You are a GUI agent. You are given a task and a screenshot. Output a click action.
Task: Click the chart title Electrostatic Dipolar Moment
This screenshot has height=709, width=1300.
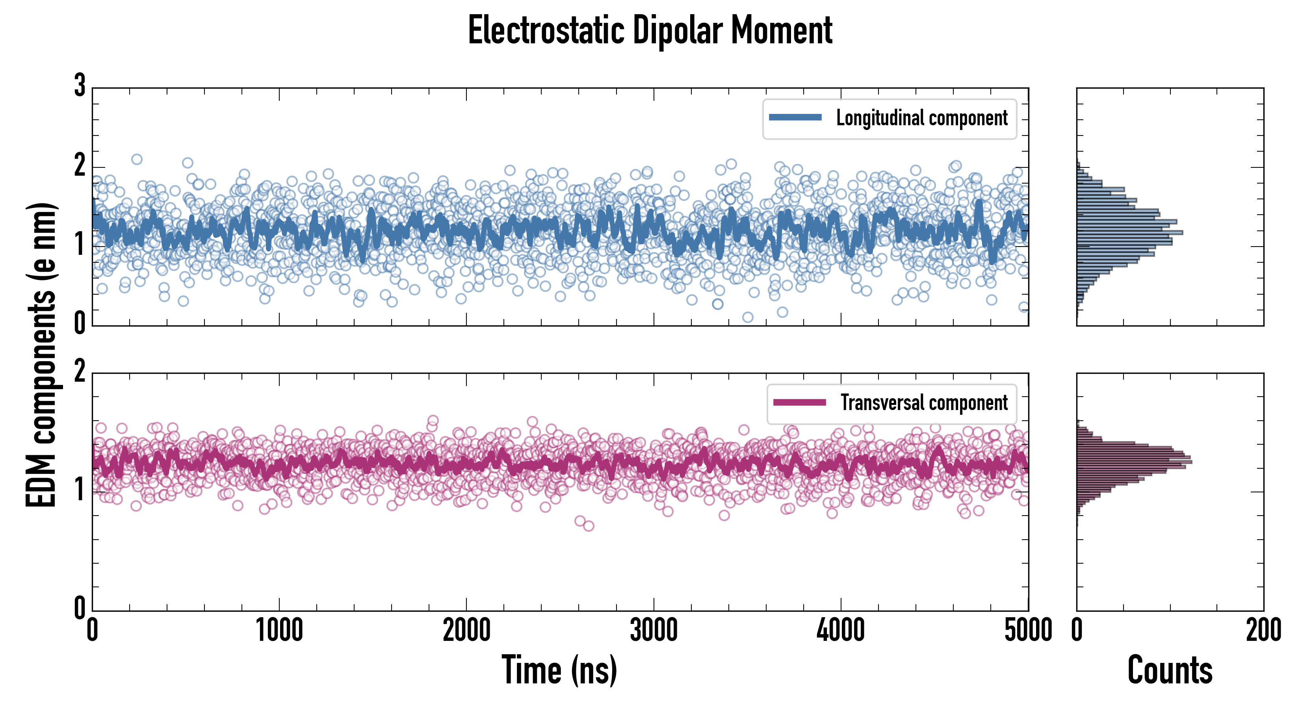tap(650, 30)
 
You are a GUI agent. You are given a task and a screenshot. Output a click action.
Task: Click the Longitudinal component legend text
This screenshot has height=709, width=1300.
tap(921, 118)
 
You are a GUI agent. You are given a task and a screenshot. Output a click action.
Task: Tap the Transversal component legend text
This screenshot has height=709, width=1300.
tap(923, 403)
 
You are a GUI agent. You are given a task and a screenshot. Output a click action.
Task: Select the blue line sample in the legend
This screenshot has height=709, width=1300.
tap(795, 118)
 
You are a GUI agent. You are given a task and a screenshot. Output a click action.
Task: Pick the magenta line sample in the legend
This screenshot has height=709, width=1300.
tap(799, 402)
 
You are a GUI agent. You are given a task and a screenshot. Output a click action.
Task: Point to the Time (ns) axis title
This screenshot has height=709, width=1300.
tap(559, 670)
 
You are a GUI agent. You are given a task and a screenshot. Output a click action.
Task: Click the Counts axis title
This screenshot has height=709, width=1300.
tap(1170, 670)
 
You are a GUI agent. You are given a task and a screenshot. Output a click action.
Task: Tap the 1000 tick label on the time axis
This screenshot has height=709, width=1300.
tap(279, 630)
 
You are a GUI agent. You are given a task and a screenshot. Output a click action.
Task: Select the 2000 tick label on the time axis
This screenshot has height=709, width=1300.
tap(466, 630)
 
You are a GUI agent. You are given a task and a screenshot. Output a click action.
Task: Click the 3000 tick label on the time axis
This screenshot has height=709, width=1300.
tap(654, 630)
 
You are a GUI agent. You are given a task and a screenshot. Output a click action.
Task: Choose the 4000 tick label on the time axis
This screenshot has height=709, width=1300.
tap(841, 630)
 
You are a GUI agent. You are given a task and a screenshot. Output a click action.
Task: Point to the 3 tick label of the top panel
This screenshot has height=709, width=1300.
tap(80, 85)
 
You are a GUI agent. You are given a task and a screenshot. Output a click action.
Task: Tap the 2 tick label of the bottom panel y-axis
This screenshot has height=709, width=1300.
tap(80, 372)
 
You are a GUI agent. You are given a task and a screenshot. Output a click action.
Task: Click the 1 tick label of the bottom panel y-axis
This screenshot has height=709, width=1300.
tap(80, 490)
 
